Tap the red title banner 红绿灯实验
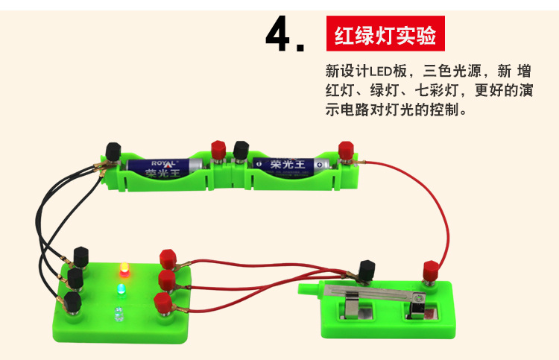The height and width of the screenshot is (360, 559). (385, 35)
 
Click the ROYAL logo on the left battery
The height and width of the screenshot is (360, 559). (165, 162)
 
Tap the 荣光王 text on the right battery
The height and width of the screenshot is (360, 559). (287, 163)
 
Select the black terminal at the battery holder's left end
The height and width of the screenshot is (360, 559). (113, 151)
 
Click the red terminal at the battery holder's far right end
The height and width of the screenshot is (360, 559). (345, 150)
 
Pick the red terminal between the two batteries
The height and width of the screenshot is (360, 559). (219, 148)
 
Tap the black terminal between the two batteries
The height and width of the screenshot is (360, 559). (241, 149)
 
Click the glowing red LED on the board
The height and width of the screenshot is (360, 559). (124, 269)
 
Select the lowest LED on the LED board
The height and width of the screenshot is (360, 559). (117, 313)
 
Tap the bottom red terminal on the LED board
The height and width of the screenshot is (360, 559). (161, 303)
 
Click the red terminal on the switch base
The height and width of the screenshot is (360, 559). (430, 269)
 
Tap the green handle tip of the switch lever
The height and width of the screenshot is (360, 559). (304, 290)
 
